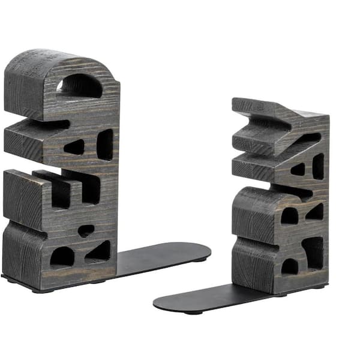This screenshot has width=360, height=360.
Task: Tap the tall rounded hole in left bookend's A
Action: click(105, 144)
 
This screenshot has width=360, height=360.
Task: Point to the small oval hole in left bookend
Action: click(86, 230)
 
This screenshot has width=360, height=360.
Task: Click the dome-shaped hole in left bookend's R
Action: click(62, 257)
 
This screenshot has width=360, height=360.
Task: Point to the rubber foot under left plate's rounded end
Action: click(205, 259)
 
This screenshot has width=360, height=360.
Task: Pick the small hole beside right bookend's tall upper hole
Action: click(298, 170)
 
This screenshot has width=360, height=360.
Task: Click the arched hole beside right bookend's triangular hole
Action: click(289, 216)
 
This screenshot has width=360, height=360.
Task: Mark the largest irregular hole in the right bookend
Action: click(313, 251)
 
